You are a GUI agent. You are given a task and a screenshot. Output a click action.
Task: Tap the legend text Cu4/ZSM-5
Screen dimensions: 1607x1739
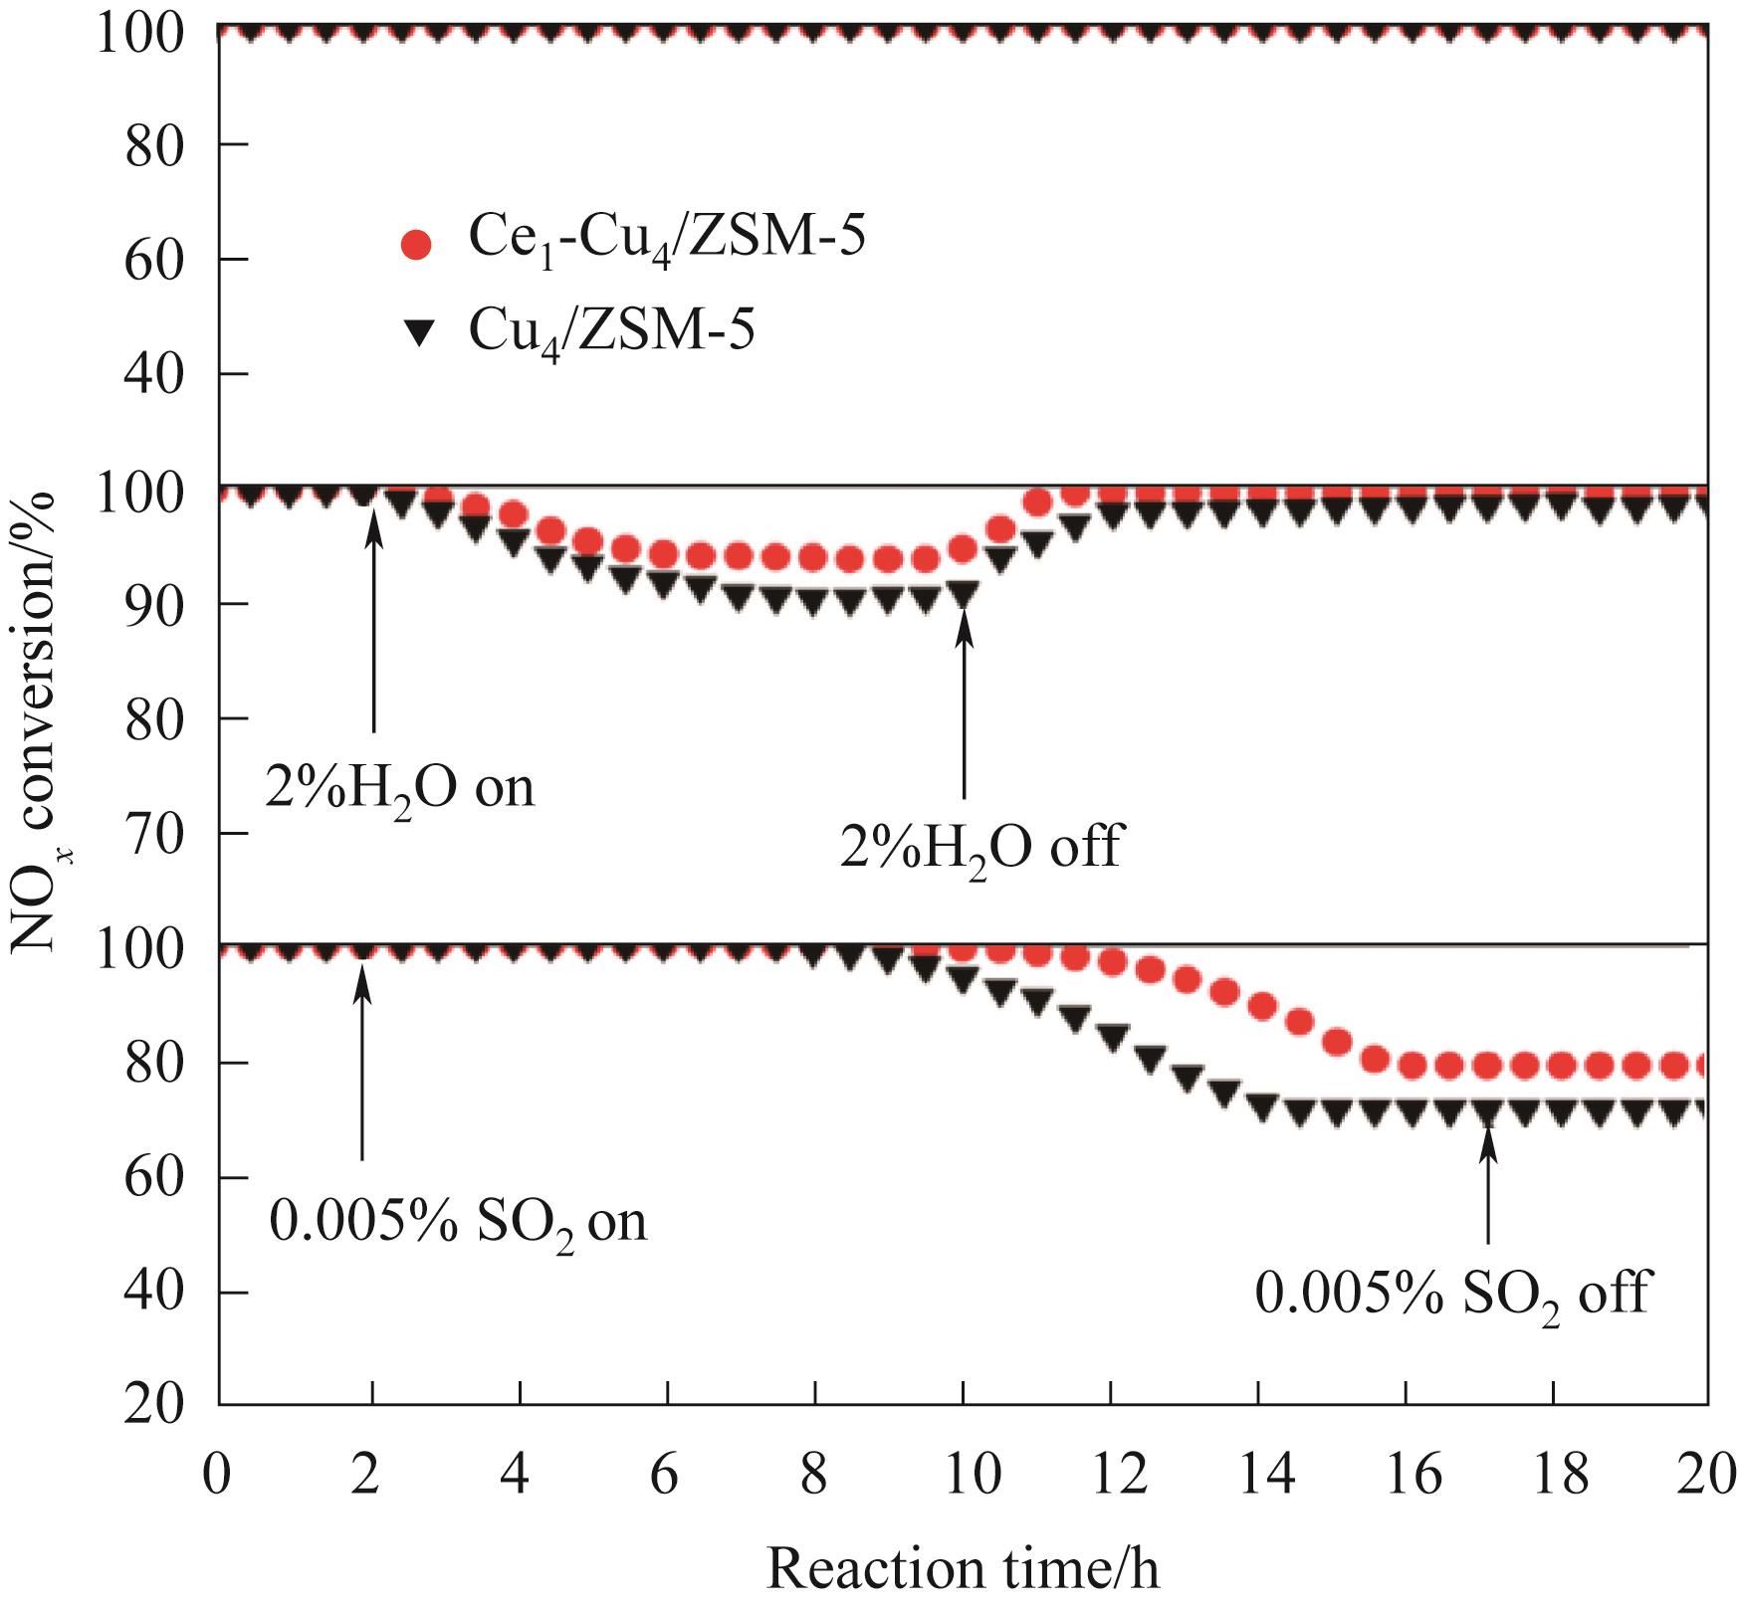tap(611, 330)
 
